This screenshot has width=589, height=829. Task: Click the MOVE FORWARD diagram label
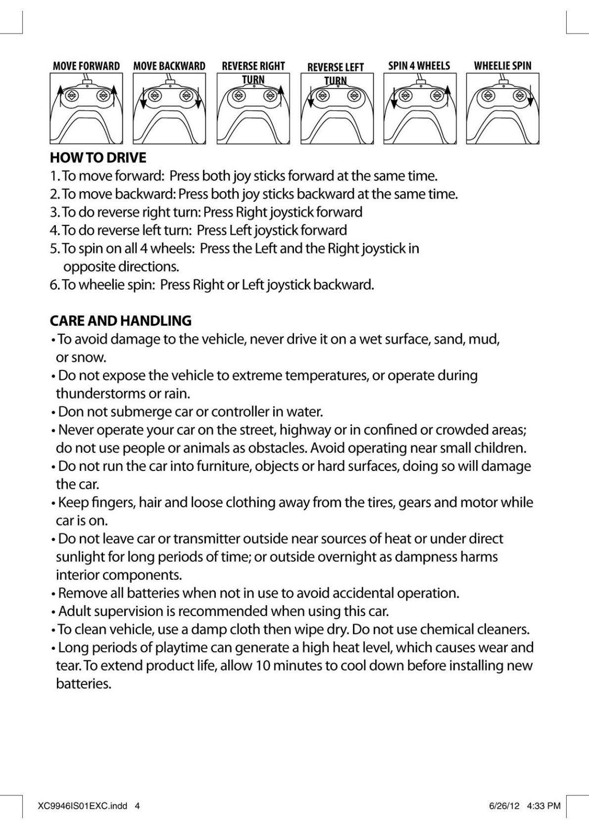tap(86, 66)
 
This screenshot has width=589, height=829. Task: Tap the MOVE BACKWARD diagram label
tap(169, 66)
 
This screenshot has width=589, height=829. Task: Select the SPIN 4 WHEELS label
tap(419, 66)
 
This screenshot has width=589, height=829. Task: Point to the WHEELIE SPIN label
tap(502, 66)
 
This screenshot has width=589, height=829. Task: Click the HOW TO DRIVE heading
tap(98, 158)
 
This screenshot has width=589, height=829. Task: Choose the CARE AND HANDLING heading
tap(121, 321)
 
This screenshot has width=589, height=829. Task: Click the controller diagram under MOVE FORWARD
tap(86, 109)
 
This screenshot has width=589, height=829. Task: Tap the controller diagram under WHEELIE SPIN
tap(502, 109)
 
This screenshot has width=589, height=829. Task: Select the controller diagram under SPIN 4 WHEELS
tap(419, 109)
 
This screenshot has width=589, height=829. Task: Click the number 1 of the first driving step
tap(53, 176)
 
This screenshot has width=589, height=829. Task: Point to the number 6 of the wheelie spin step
tap(53, 285)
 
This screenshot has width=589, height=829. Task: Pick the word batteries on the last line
tap(83, 684)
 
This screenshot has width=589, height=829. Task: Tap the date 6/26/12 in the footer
tap(504, 806)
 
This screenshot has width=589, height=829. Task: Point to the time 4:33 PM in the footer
tap(543, 806)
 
